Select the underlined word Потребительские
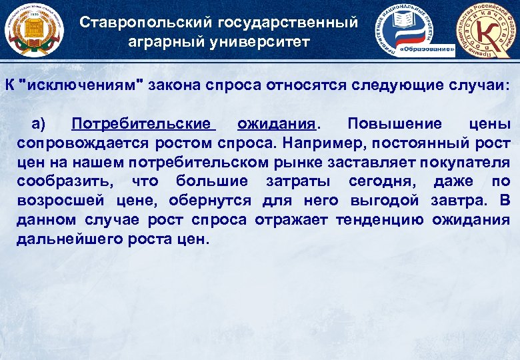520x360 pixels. click(144, 124)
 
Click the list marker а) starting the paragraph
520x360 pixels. click(38, 124)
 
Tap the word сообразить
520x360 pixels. click(60, 181)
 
